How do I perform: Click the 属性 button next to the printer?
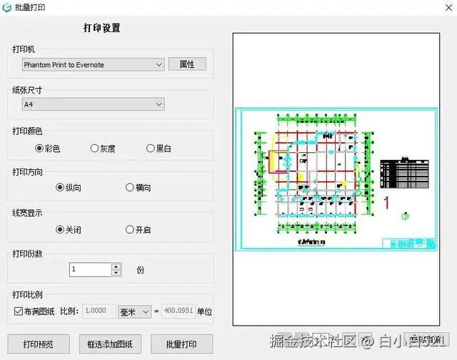(x=187, y=64)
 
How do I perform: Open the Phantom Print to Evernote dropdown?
(x=93, y=65)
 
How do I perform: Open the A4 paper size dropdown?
(x=93, y=105)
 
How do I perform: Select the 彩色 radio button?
(x=39, y=149)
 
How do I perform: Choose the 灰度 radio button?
(x=95, y=149)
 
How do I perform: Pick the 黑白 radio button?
(x=150, y=149)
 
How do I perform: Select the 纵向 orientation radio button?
(x=60, y=188)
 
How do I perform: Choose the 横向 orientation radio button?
(x=130, y=188)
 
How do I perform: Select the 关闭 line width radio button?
(x=60, y=230)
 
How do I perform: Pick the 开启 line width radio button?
(x=130, y=230)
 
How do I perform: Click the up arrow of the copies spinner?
(x=116, y=266)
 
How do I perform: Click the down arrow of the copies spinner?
(x=116, y=273)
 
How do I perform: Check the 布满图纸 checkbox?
(x=19, y=311)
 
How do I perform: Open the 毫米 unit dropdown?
(x=135, y=311)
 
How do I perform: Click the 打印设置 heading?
(x=101, y=29)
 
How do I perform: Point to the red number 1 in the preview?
(x=386, y=201)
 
